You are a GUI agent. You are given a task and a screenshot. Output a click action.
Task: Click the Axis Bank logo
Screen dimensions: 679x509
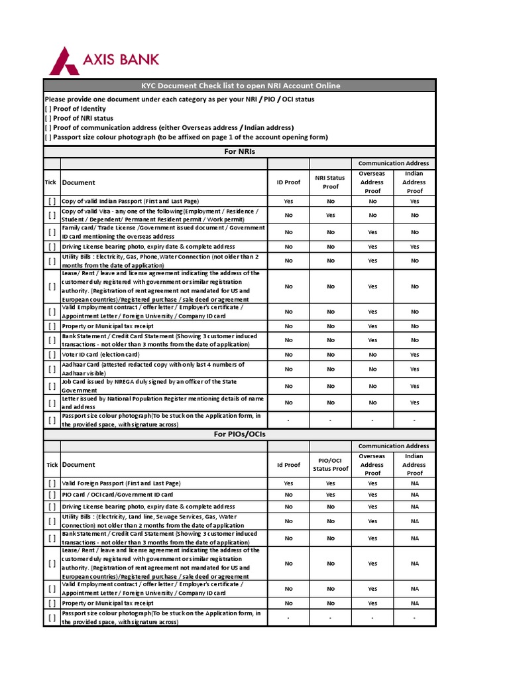(105, 60)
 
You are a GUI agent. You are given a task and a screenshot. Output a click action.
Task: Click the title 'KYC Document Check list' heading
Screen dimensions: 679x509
(240, 86)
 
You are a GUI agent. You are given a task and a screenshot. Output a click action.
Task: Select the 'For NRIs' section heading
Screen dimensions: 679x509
(240, 152)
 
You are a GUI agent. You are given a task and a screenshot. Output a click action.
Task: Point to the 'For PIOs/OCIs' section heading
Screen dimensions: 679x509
(240, 434)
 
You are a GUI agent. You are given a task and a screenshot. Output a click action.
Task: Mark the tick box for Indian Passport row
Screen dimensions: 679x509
(52, 201)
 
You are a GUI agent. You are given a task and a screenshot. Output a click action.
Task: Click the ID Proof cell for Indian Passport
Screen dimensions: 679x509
(288, 201)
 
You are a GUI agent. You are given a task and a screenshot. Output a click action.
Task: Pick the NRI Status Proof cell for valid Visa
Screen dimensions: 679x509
(330, 215)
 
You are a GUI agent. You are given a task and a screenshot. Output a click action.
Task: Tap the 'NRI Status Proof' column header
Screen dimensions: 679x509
(330, 182)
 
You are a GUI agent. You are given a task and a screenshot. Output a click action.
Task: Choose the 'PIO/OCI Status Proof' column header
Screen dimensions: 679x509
(330, 464)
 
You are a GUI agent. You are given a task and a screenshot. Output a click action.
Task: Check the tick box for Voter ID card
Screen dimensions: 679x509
(52, 355)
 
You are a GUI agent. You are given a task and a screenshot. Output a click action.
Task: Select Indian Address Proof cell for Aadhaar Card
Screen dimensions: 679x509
(414, 369)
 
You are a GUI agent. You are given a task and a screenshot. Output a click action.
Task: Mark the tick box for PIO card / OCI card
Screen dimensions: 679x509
(52, 495)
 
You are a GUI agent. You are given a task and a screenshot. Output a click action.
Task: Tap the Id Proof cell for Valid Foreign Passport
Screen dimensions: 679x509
(288, 483)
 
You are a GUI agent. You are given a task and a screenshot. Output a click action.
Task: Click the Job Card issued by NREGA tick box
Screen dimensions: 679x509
(52, 386)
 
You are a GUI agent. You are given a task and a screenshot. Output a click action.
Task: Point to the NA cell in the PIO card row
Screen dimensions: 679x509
(414, 495)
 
